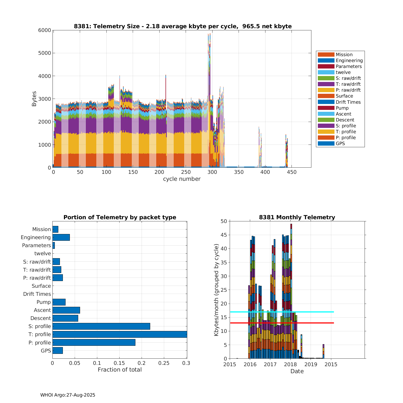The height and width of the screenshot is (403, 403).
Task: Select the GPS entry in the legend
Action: [340, 143]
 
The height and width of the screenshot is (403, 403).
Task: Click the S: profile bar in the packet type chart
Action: [101, 326]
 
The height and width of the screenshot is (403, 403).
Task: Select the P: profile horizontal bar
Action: [94, 342]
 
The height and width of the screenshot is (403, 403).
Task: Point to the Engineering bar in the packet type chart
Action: [61, 237]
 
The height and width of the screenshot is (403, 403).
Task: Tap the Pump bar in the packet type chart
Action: [59, 302]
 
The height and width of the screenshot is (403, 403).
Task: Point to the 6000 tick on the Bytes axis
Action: [45, 30]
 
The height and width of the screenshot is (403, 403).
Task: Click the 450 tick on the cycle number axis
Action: [292, 172]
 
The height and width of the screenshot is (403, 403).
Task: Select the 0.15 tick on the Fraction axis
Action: [120, 363]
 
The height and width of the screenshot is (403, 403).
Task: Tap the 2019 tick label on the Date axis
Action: [311, 365]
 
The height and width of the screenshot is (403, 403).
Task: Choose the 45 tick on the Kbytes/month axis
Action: [224, 235]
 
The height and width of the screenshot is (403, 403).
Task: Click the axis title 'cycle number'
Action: [182, 179]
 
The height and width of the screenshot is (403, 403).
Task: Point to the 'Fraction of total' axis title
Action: [120, 370]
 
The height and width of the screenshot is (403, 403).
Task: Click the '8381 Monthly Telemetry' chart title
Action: [297, 217]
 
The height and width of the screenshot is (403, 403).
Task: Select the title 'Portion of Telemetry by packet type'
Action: [120, 217]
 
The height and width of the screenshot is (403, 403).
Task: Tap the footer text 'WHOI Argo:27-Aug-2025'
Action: [68, 395]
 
